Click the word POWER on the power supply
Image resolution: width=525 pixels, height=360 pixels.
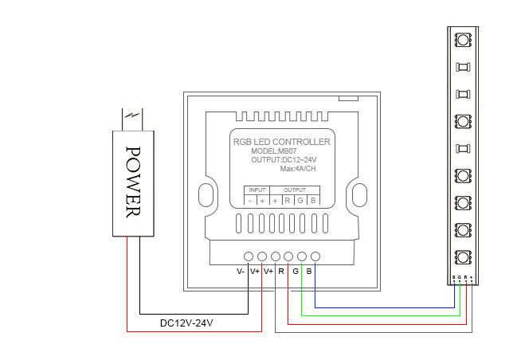(x=134, y=182)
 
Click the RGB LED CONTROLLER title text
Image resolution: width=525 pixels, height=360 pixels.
(x=280, y=142)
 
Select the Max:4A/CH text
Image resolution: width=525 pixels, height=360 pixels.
(x=299, y=170)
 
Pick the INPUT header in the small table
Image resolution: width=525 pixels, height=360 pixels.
(x=257, y=190)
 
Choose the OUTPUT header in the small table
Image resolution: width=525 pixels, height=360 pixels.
(x=295, y=190)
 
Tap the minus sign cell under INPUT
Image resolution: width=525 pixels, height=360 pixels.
(x=249, y=201)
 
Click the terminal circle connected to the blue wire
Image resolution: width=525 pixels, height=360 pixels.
(x=315, y=256)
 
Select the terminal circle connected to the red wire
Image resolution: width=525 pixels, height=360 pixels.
(x=262, y=256)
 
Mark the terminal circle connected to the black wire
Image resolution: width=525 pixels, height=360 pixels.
(x=249, y=256)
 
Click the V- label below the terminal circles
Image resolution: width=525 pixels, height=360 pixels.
(x=241, y=272)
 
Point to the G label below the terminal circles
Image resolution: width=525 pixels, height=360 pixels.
(x=296, y=272)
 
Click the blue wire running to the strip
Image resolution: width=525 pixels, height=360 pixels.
(x=382, y=306)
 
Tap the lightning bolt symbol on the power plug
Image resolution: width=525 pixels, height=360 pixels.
(x=133, y=119)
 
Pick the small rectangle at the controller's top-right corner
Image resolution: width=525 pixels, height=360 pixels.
(x=348, y=97)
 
